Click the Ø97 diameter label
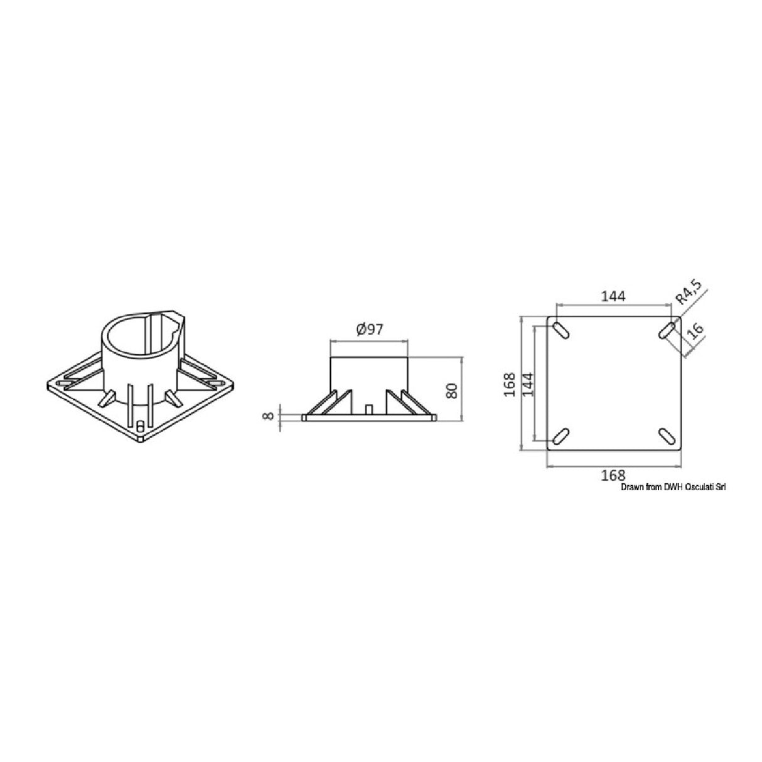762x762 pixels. click(369, 330)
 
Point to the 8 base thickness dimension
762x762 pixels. click(269, 416)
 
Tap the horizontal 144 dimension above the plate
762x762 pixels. click(613, 296)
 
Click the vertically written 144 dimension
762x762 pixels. click(528, 383)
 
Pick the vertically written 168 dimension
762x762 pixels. click(510, 384)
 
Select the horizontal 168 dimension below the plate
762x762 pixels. click(613, 475)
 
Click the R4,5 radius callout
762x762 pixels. click(689, 295)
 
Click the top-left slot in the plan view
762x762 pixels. click(561, 331)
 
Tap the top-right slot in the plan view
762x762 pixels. click(667, 331)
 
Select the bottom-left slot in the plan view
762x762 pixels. click(561, 436)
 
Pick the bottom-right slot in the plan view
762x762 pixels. click(667, 436)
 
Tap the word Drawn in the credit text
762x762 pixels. click(633, 486)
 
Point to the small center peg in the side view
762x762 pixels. click(368, 409)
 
